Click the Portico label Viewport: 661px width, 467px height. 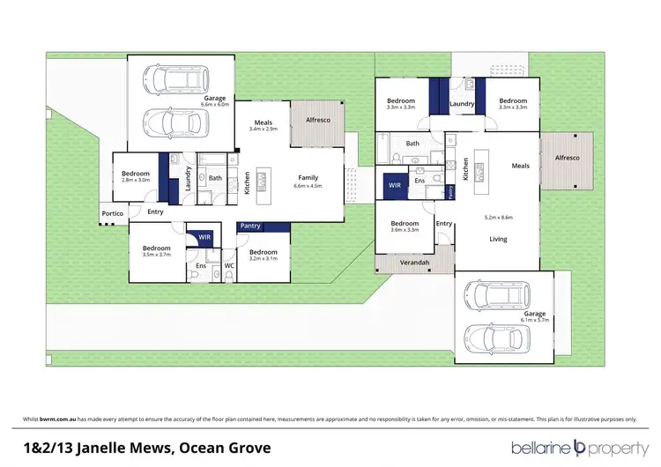point(110,214)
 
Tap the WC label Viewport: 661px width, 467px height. point(228,265)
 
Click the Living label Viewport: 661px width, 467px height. point(499,239)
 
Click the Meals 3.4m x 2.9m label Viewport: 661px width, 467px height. point(264,126)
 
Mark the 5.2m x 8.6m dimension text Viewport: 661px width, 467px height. point(499,217)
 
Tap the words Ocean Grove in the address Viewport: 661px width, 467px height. point(226,447)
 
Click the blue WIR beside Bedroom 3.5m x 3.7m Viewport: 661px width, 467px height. point(204,237)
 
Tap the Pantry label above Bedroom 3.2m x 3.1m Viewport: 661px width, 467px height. point(250,226)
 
